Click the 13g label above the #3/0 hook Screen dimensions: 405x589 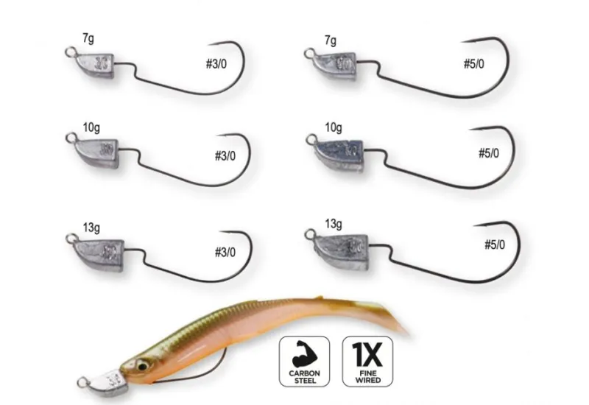[x=91, y=222]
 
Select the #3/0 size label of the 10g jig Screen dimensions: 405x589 [x=221, y=156]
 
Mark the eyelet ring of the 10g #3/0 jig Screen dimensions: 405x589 [x=70, y=138]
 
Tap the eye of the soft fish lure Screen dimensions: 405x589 [x=143, y=363]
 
